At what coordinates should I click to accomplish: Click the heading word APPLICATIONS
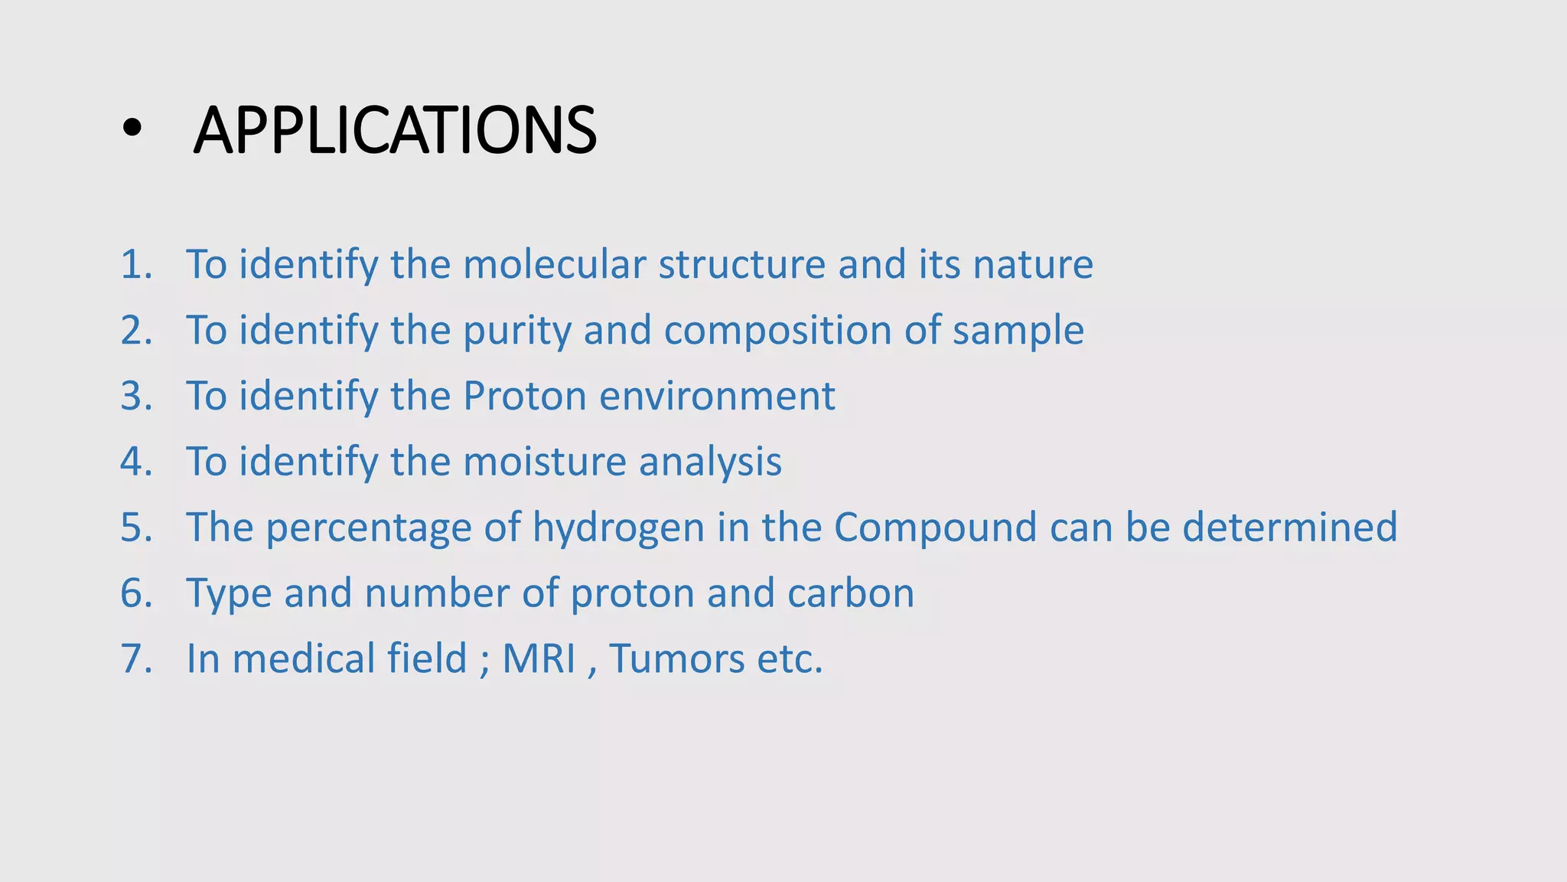pyautogui.click(x=395, y=130)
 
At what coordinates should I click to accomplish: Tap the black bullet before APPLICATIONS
pyautogui.click(x=132, y=130)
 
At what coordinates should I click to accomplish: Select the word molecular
pyautogui.click(x=555, y=265)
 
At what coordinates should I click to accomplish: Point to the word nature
pyautogui.click(x=1033, y=265)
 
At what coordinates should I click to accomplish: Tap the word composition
pyautogui.click(x=777, y=331)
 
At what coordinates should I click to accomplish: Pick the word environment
pyautogui.click(x=717, y=397)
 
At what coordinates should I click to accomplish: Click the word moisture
pyautogui.click(x=545, y=462)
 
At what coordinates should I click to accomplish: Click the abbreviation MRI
pyautogui.click(x=539, y=659)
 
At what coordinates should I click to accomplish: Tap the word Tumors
pyautogui.click(x=676, y=659)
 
